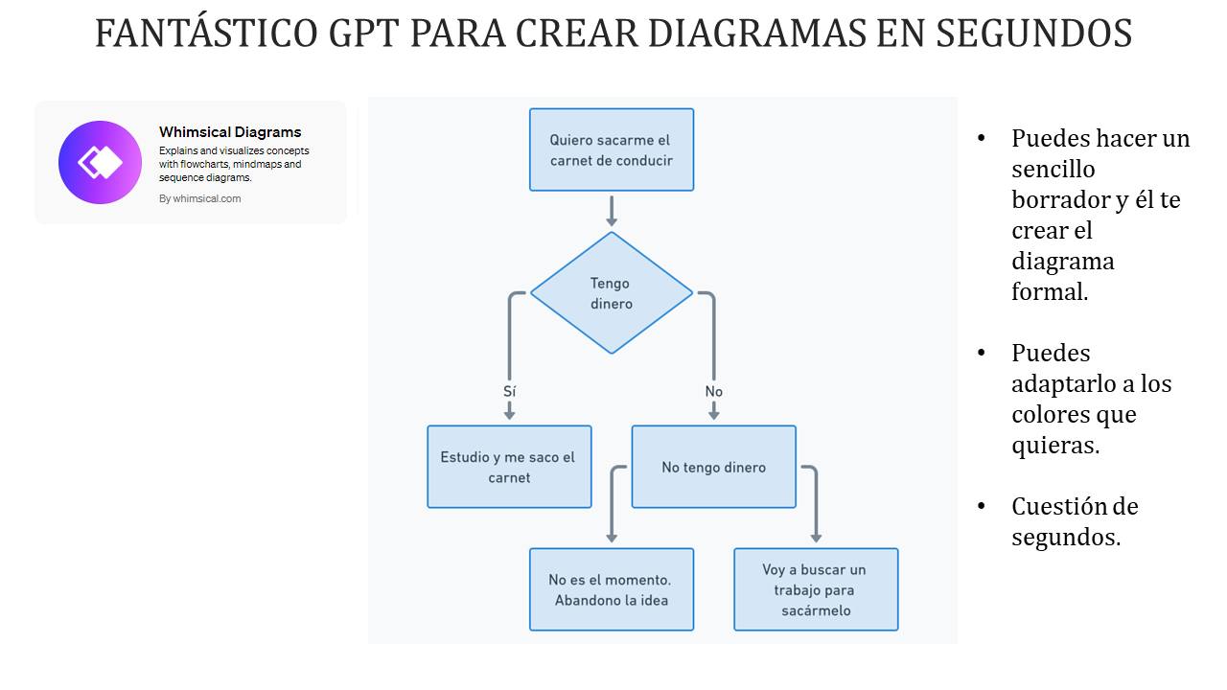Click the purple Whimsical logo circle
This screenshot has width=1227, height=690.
pos(100,162)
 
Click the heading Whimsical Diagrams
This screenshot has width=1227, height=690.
pos(230,132)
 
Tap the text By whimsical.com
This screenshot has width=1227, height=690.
pos(200,198)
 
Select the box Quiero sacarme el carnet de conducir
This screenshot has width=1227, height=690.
pos(612,149)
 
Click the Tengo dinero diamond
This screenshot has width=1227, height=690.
pos(612,293)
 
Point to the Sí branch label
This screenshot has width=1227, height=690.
pos(509,391)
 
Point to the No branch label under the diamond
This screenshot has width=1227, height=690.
pos(714,392)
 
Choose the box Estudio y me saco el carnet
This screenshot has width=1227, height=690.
pos(509,467)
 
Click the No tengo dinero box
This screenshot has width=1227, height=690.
pos(714,467)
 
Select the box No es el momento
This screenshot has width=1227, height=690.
pos(612,589)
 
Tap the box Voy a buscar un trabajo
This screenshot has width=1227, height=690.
pos(816,589)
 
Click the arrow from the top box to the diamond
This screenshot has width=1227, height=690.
pos(612,211)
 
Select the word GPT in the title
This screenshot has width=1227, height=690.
pos(363,33)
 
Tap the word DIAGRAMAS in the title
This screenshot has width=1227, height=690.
pos(756,33)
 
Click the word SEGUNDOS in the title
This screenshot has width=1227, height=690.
pos(1033,33)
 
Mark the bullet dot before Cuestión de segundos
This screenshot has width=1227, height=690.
pos(981,506)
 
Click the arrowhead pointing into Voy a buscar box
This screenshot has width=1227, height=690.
pos(816,539)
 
